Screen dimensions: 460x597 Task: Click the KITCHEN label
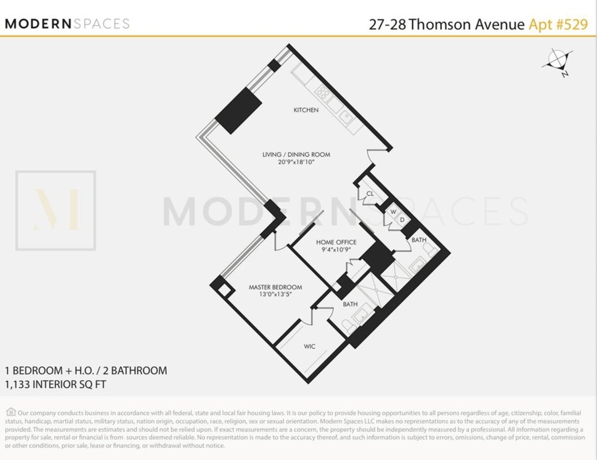(x=306, y=110)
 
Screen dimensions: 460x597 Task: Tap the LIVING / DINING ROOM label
(x=296, y=154)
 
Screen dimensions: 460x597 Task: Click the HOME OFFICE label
(x=336, y=242)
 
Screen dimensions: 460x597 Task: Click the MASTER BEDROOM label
(x=275, y=287)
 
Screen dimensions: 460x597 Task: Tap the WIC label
(x=309, y=345)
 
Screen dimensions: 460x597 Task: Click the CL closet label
(x=370, y=194)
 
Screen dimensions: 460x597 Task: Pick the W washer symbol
(x=393, y=211)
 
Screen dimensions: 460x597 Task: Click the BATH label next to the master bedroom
(x=350, y=304)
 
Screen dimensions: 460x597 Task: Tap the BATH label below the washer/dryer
(x=419, y=240)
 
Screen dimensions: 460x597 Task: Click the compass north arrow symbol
(x=557, y=61)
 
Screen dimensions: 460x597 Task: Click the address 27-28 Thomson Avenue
(x=446, y=24)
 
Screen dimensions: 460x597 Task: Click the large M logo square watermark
(x=55, y=210)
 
